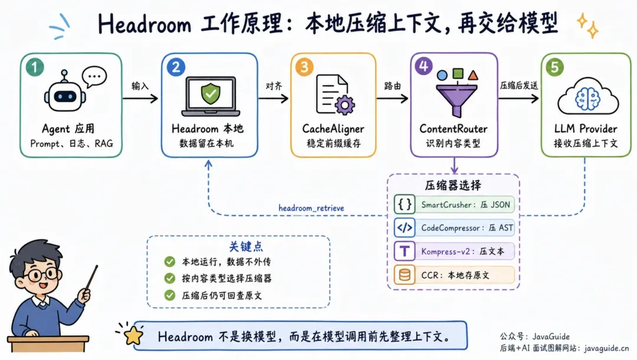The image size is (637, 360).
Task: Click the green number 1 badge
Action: coord(35,67)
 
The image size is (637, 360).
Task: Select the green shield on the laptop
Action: coord(211,93)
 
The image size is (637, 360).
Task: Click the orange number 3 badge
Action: coord(304,67)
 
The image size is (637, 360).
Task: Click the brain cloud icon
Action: coord(588,97)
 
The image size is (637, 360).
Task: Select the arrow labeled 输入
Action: coord(140,98)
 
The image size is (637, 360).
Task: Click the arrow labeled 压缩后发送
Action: coord(519,98)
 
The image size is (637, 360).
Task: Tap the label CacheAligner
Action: coord(333,129)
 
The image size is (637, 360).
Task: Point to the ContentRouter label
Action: coord(454,129)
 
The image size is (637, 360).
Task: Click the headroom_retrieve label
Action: coord(311,208)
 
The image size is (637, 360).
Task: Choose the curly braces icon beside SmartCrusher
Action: coord(404,204)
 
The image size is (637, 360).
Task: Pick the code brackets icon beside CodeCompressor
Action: coord(404,228)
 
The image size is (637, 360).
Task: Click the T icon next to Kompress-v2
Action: coord(404,251)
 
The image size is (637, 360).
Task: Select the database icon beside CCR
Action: coord(404,275)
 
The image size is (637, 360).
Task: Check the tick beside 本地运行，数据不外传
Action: coord(170,261)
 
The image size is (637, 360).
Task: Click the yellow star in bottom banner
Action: coord(133,336)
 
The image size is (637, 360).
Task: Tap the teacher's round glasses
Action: coord(42,275)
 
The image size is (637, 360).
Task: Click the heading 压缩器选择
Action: coord(453,185)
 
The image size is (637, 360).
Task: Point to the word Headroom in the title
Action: coord(145,24)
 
